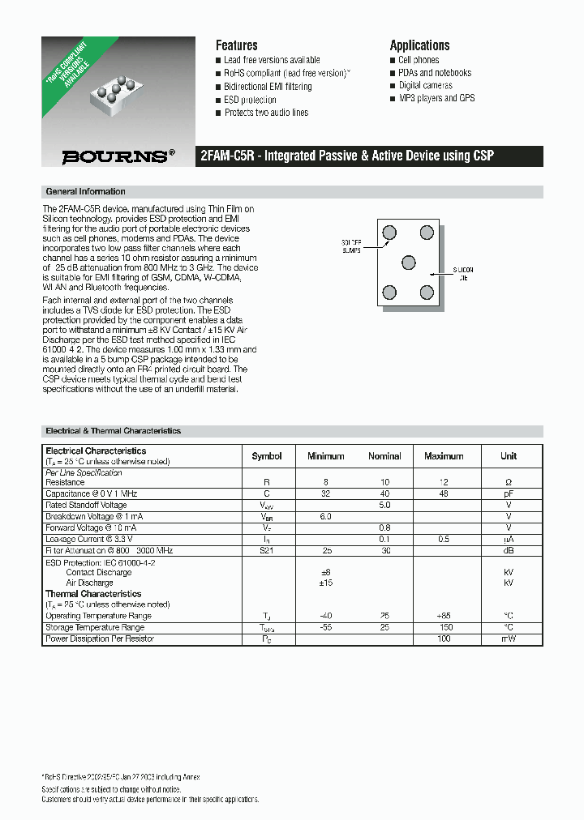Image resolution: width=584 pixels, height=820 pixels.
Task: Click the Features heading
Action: point(236,45)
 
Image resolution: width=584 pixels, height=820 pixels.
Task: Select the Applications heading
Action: point(419,45)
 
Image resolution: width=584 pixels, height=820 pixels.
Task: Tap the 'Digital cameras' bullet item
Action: point(425,85)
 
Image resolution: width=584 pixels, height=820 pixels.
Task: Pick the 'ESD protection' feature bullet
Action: point(250,100)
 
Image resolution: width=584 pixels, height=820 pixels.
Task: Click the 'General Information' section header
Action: point(85,192)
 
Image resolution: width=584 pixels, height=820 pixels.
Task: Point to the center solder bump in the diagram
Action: point(409,263)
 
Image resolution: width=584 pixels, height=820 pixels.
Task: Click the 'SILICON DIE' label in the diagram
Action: point(462,273)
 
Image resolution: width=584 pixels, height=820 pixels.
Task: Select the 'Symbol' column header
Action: point(267,456)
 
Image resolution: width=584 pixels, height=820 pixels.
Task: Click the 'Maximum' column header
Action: point(444,456)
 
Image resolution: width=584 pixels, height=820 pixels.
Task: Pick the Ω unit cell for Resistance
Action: point(509,482)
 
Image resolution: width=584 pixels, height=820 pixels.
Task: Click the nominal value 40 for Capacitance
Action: point(384,493)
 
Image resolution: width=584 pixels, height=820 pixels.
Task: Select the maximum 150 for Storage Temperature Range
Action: point(444,627)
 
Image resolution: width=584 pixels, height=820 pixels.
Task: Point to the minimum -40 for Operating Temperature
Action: point(325,616)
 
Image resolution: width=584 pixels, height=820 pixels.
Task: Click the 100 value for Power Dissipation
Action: point(444,639)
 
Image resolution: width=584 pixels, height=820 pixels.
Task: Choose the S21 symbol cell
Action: point(267,550)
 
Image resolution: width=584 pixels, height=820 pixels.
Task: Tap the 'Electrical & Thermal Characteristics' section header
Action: point(113,431)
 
